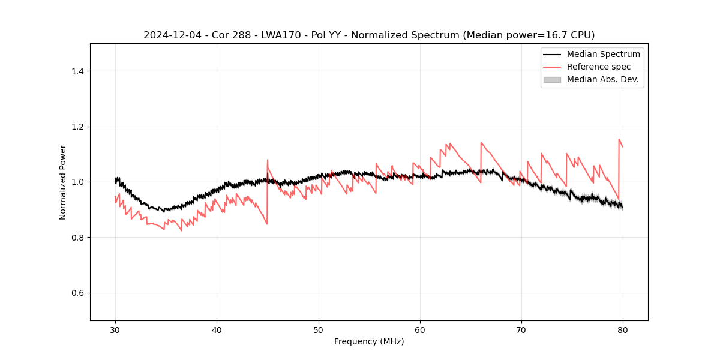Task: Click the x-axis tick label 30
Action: pos(115,329)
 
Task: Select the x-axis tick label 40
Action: pos(217,329)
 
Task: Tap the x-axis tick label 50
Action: pos(319,329)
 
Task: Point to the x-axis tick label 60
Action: pos(420,329)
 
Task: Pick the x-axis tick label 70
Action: pos(521,329)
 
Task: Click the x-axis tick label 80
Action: pos(623,329)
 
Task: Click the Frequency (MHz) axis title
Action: pos(369,341)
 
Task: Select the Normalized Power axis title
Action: pos(63,182)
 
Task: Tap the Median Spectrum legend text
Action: pos(603,54)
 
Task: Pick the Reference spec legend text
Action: pos(599,67)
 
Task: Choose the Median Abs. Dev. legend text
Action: pos(602,79)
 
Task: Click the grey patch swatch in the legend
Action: pos(552,79)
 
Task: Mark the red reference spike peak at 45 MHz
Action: pos(268,160)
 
